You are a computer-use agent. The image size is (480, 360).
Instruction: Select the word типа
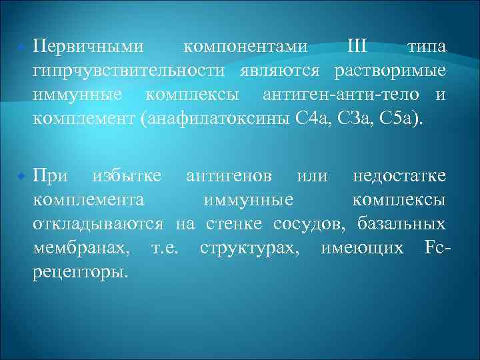[x=426, y=48]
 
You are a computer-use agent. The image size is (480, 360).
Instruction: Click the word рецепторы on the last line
[x=81, y=272]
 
